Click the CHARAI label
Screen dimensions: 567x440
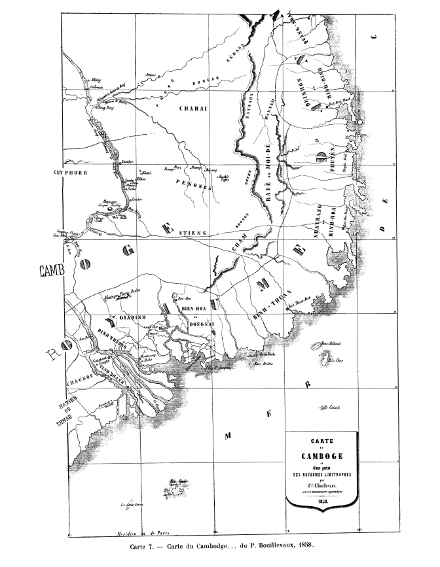pos(193,109)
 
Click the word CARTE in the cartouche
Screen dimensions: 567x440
pos(320,441)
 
